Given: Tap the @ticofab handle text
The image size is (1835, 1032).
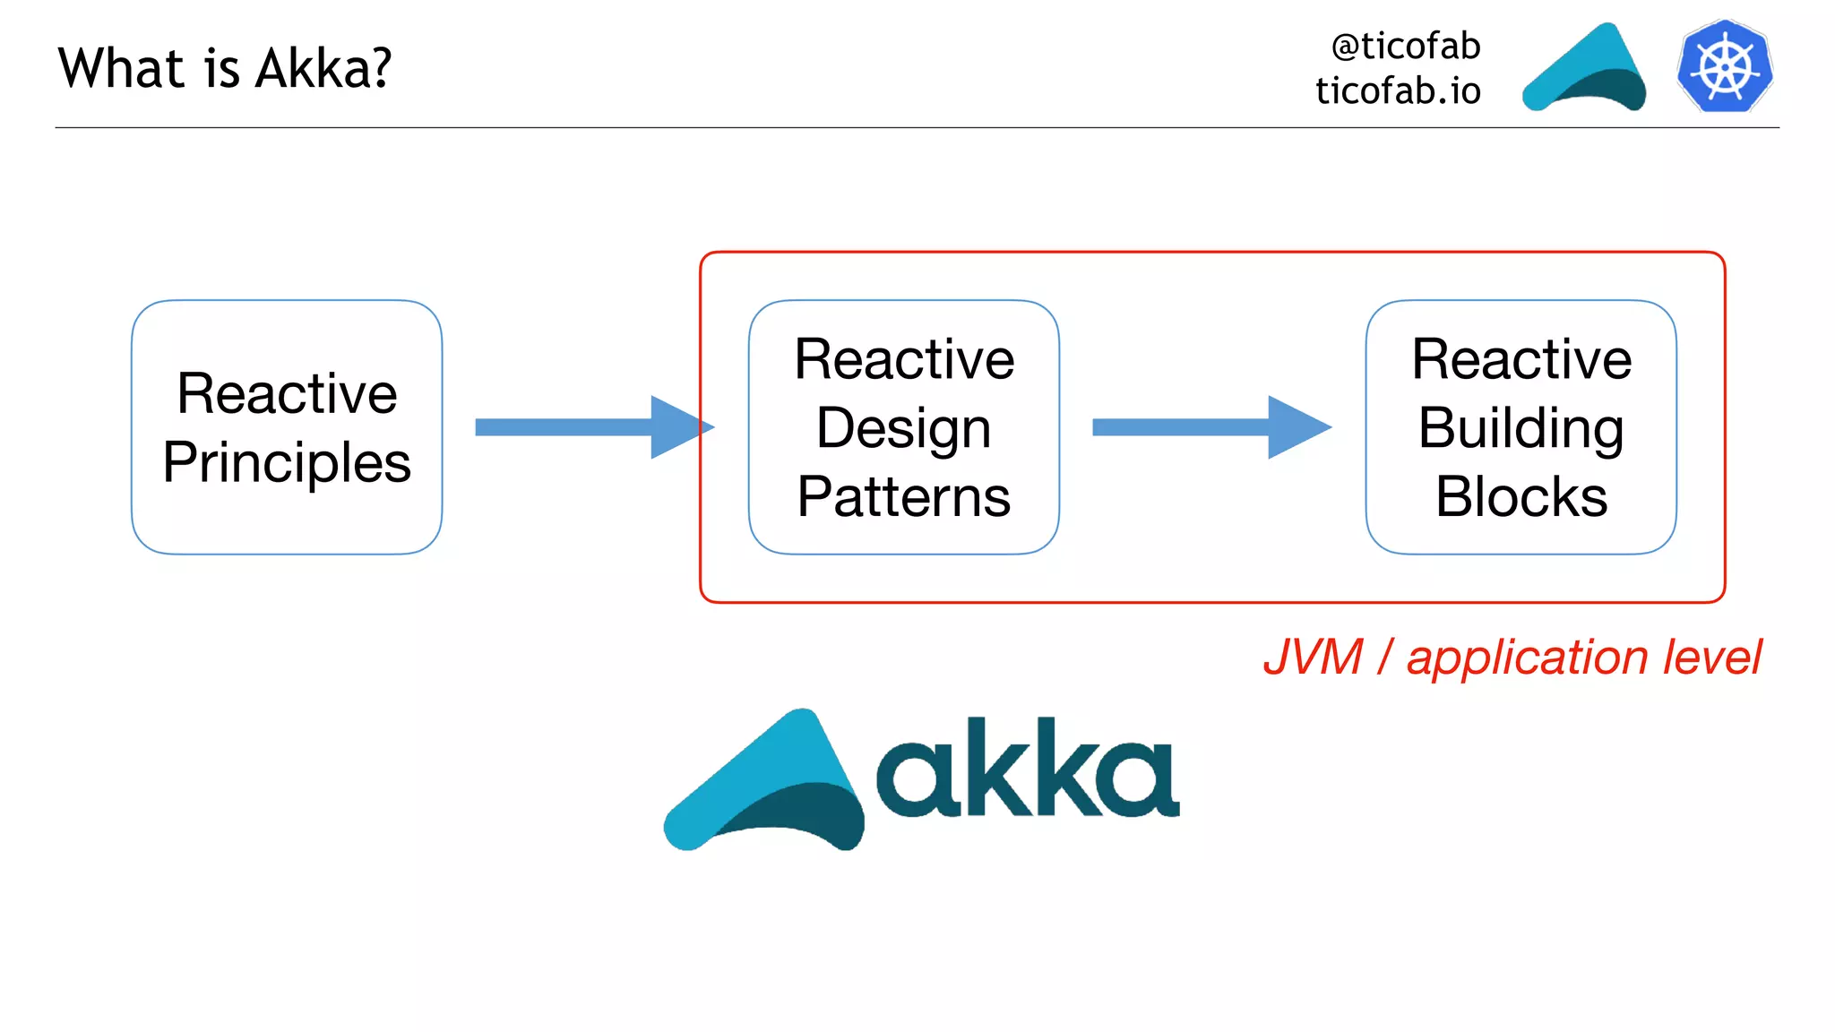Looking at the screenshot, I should pos(1405,47).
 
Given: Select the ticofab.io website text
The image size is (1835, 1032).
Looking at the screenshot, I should pos(1398,91).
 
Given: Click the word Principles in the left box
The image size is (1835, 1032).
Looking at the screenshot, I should pos(287,462).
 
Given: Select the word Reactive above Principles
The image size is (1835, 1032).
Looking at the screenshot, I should pos(287,393).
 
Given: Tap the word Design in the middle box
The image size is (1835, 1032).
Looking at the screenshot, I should pos(903,428).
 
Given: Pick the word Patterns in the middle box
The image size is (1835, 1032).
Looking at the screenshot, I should pos(903,497).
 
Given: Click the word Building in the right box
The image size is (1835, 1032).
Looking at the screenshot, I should pos(1521,428).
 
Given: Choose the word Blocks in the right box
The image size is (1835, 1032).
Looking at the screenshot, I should pos(1521,497).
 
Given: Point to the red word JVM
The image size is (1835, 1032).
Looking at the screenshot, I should pos(1313,657).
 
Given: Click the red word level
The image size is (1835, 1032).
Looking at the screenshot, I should pos(1711,657).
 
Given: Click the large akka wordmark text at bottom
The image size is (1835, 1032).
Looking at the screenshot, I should pos(1026,770).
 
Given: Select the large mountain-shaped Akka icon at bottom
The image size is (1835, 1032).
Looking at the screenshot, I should pos(766,784).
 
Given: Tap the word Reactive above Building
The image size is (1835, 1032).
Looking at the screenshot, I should pos(1521,359).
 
